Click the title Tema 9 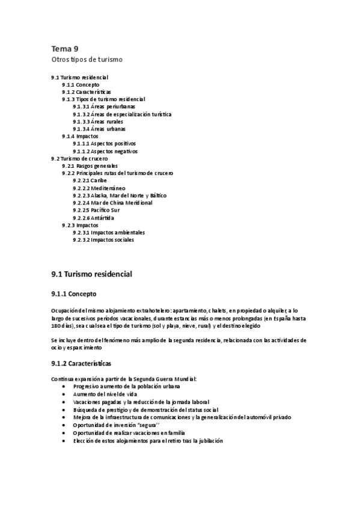click(64, 49)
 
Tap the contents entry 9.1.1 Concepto click(81, 85)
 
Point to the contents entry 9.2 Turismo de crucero click(80, 158)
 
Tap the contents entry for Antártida click(93, 218)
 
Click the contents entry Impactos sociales click(103, 240)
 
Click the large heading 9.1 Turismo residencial click(91, 274)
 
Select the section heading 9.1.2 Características click(81, 364)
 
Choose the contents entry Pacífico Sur click(96, 210)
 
